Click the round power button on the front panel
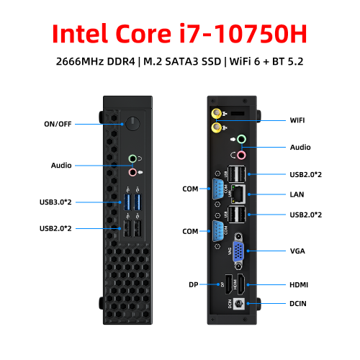click(x=132, y=124)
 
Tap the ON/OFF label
click(x=58, y=124)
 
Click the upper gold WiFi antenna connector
click(x=216, y=113)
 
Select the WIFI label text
click(x=297, y=120)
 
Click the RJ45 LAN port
click(x=238, y=194)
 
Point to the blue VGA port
click(x=238, y=251)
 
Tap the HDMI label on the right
click(x=299, y=285)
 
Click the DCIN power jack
click(x=239, y=304)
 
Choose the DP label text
click(x=194, y=285)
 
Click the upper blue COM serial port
click(x=218, y=189)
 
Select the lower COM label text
click(x=190, y=231)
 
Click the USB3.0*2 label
click(x=55, y=202)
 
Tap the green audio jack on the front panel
click(x=132, y=158)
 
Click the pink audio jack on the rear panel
click(x=241, y=156)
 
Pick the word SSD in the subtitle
click(x=211, y=61)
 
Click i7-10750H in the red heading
click(x=243, y=33)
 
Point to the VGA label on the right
click(x=297, y=251)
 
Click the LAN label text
click(x=297, y=194)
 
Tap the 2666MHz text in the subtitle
click(x=80, y=61)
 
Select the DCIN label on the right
click(x=298, y=304)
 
